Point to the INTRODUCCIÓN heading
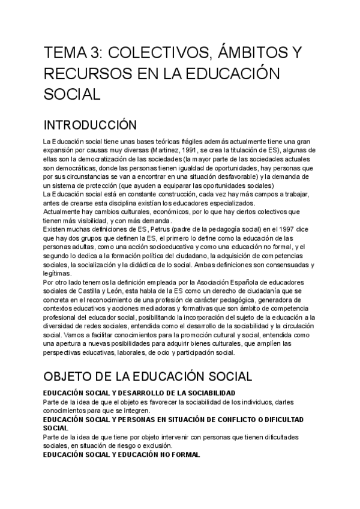click(x=91, y=125)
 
